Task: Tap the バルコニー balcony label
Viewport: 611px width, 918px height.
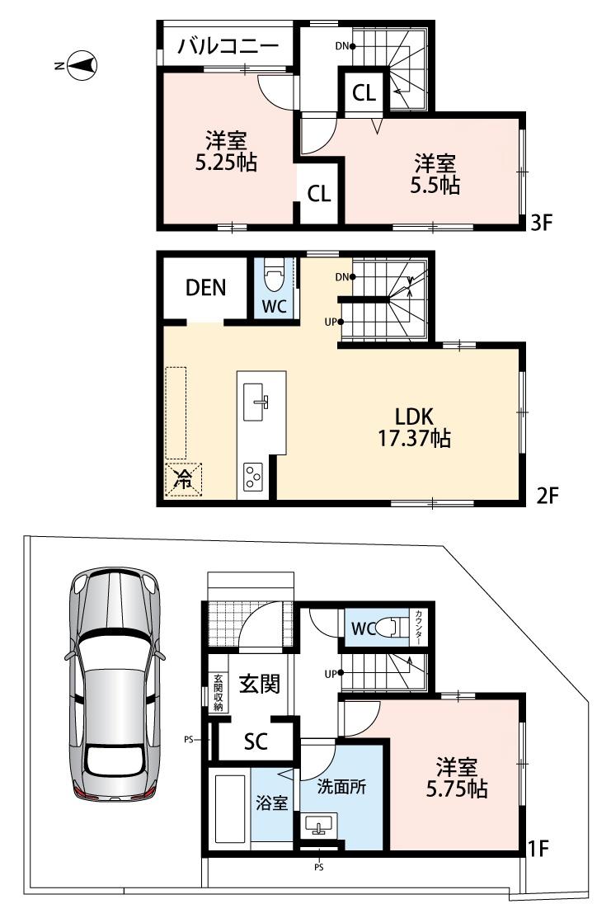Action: click(x=228, y=45)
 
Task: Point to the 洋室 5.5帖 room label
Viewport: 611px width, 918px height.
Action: click(x=435, y=173)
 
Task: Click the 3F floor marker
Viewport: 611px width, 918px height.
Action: click(x=542, y=222)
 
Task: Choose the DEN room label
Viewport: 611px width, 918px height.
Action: click(x=205, y=288)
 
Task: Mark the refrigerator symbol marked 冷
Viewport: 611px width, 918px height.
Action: click(x=183, y=480)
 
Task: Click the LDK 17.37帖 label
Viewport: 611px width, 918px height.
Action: click(x=414, y=427)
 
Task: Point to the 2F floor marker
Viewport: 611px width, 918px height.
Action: click(x=548, y=497)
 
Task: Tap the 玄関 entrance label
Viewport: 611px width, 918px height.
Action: click(x=260, y=684)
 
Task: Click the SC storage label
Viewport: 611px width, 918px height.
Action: click(x=256, y=742)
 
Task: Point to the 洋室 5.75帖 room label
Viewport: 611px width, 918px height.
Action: click(x=457, y=778)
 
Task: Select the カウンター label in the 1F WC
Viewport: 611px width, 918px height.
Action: click(x=419, y=628)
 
